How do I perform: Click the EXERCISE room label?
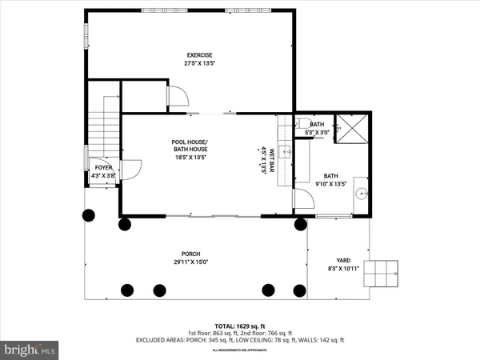[x=190, y=54]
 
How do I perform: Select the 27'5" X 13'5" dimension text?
[x=190, y=62]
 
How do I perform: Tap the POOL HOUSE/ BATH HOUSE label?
[x=190, y=146]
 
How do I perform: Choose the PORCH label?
[x=190, y=254]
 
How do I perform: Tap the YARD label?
[x=343, y=261]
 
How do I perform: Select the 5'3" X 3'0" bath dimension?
[x=317, y=131]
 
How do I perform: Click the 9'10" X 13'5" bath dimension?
[x=330, y=183]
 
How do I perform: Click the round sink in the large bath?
[x=362, y=193]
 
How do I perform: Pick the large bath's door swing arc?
[x=304, y=200]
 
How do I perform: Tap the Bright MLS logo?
[x=30, y=349]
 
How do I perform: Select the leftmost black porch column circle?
[x=88, y=215]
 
